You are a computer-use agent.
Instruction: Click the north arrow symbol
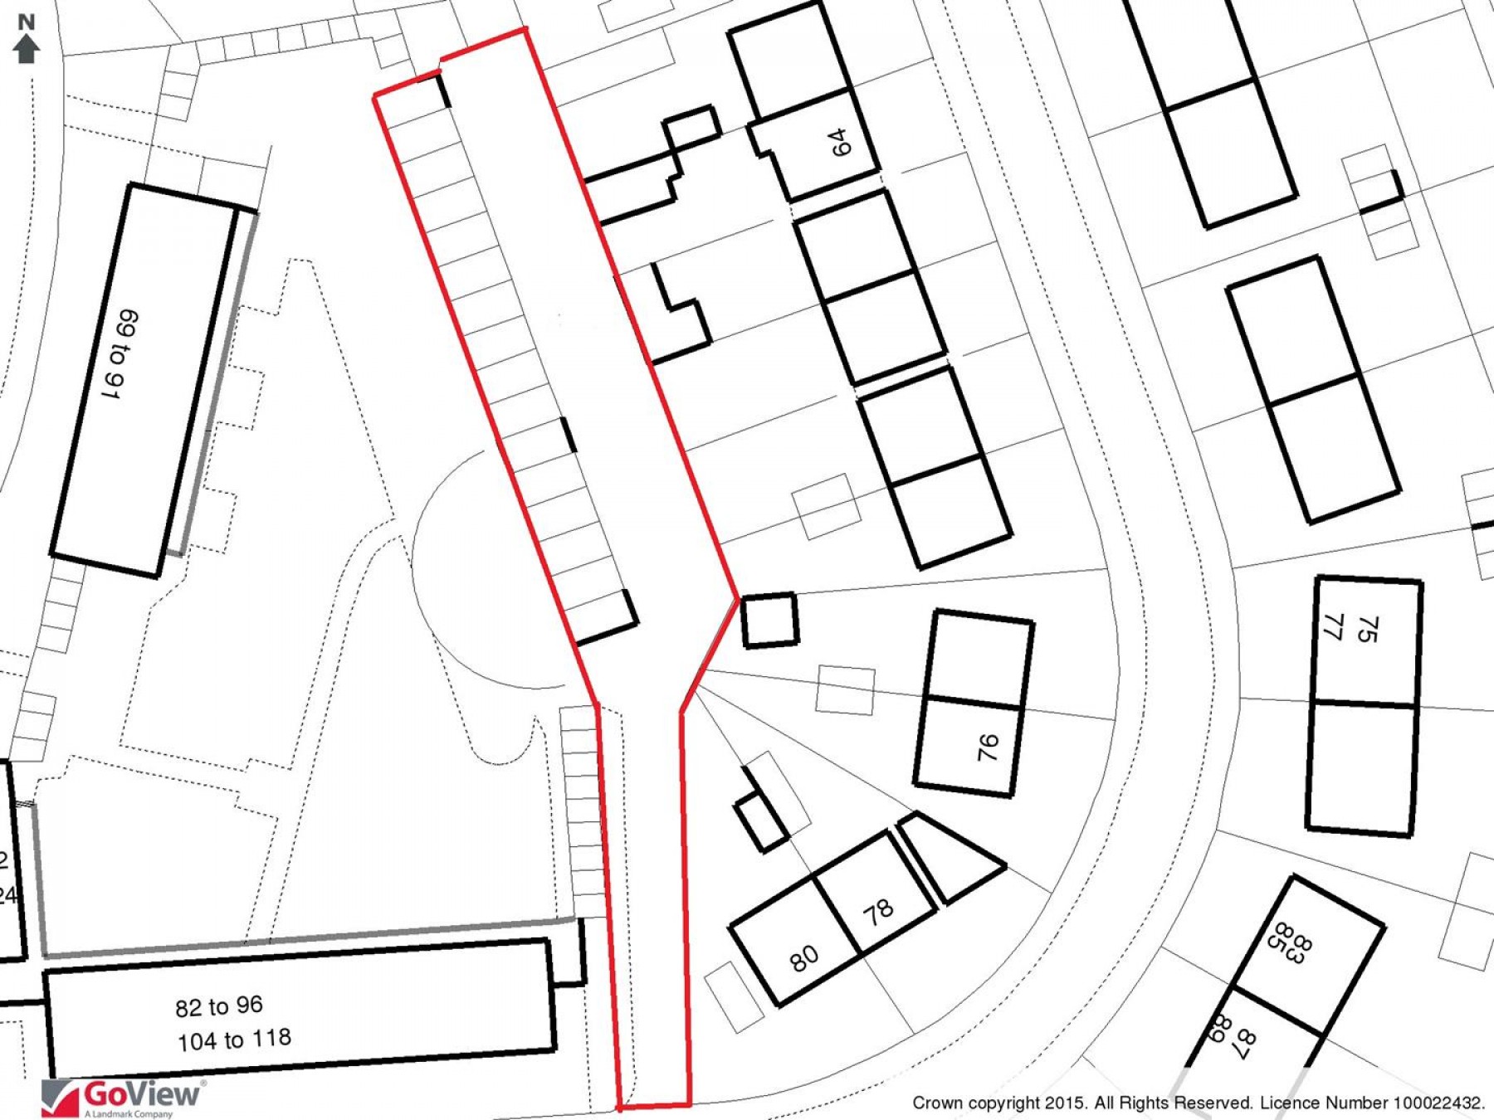click(27, 49)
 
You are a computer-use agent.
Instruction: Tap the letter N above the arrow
click(27, 22)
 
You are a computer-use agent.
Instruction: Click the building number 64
click(840, 143)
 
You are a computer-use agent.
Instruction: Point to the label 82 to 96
click(219, 1006)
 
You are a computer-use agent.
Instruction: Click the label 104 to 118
click(234, 1040)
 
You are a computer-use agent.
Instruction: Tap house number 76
click(987, 747)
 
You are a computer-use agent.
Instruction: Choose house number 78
click(878, 912)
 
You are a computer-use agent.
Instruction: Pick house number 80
click(803, 959)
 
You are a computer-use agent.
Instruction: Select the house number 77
click(1333, 627)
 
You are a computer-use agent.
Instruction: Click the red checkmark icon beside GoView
click(60, 1098)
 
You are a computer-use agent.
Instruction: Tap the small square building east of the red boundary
click(769, 619)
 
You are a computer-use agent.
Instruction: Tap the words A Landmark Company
click(129, 1114)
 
